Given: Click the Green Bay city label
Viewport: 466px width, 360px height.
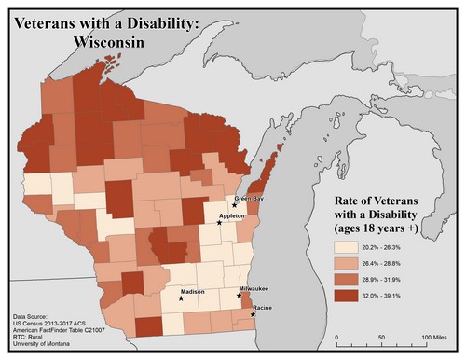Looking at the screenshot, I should (x=247, y=198).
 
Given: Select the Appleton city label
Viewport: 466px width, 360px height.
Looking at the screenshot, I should (x=231, y=215).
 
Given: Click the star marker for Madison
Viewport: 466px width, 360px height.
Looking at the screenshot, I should (x=181, y=299).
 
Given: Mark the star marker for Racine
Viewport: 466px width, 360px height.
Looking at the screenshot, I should (x=254, y=314).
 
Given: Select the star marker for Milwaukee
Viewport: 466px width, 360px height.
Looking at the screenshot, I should (x=241, y=296).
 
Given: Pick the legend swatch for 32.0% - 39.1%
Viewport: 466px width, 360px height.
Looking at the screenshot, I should (x=348, y=296).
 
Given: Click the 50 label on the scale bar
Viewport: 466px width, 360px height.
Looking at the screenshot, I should (x=384, y=337).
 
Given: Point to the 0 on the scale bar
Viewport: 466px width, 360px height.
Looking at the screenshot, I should (x=337, y=337).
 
